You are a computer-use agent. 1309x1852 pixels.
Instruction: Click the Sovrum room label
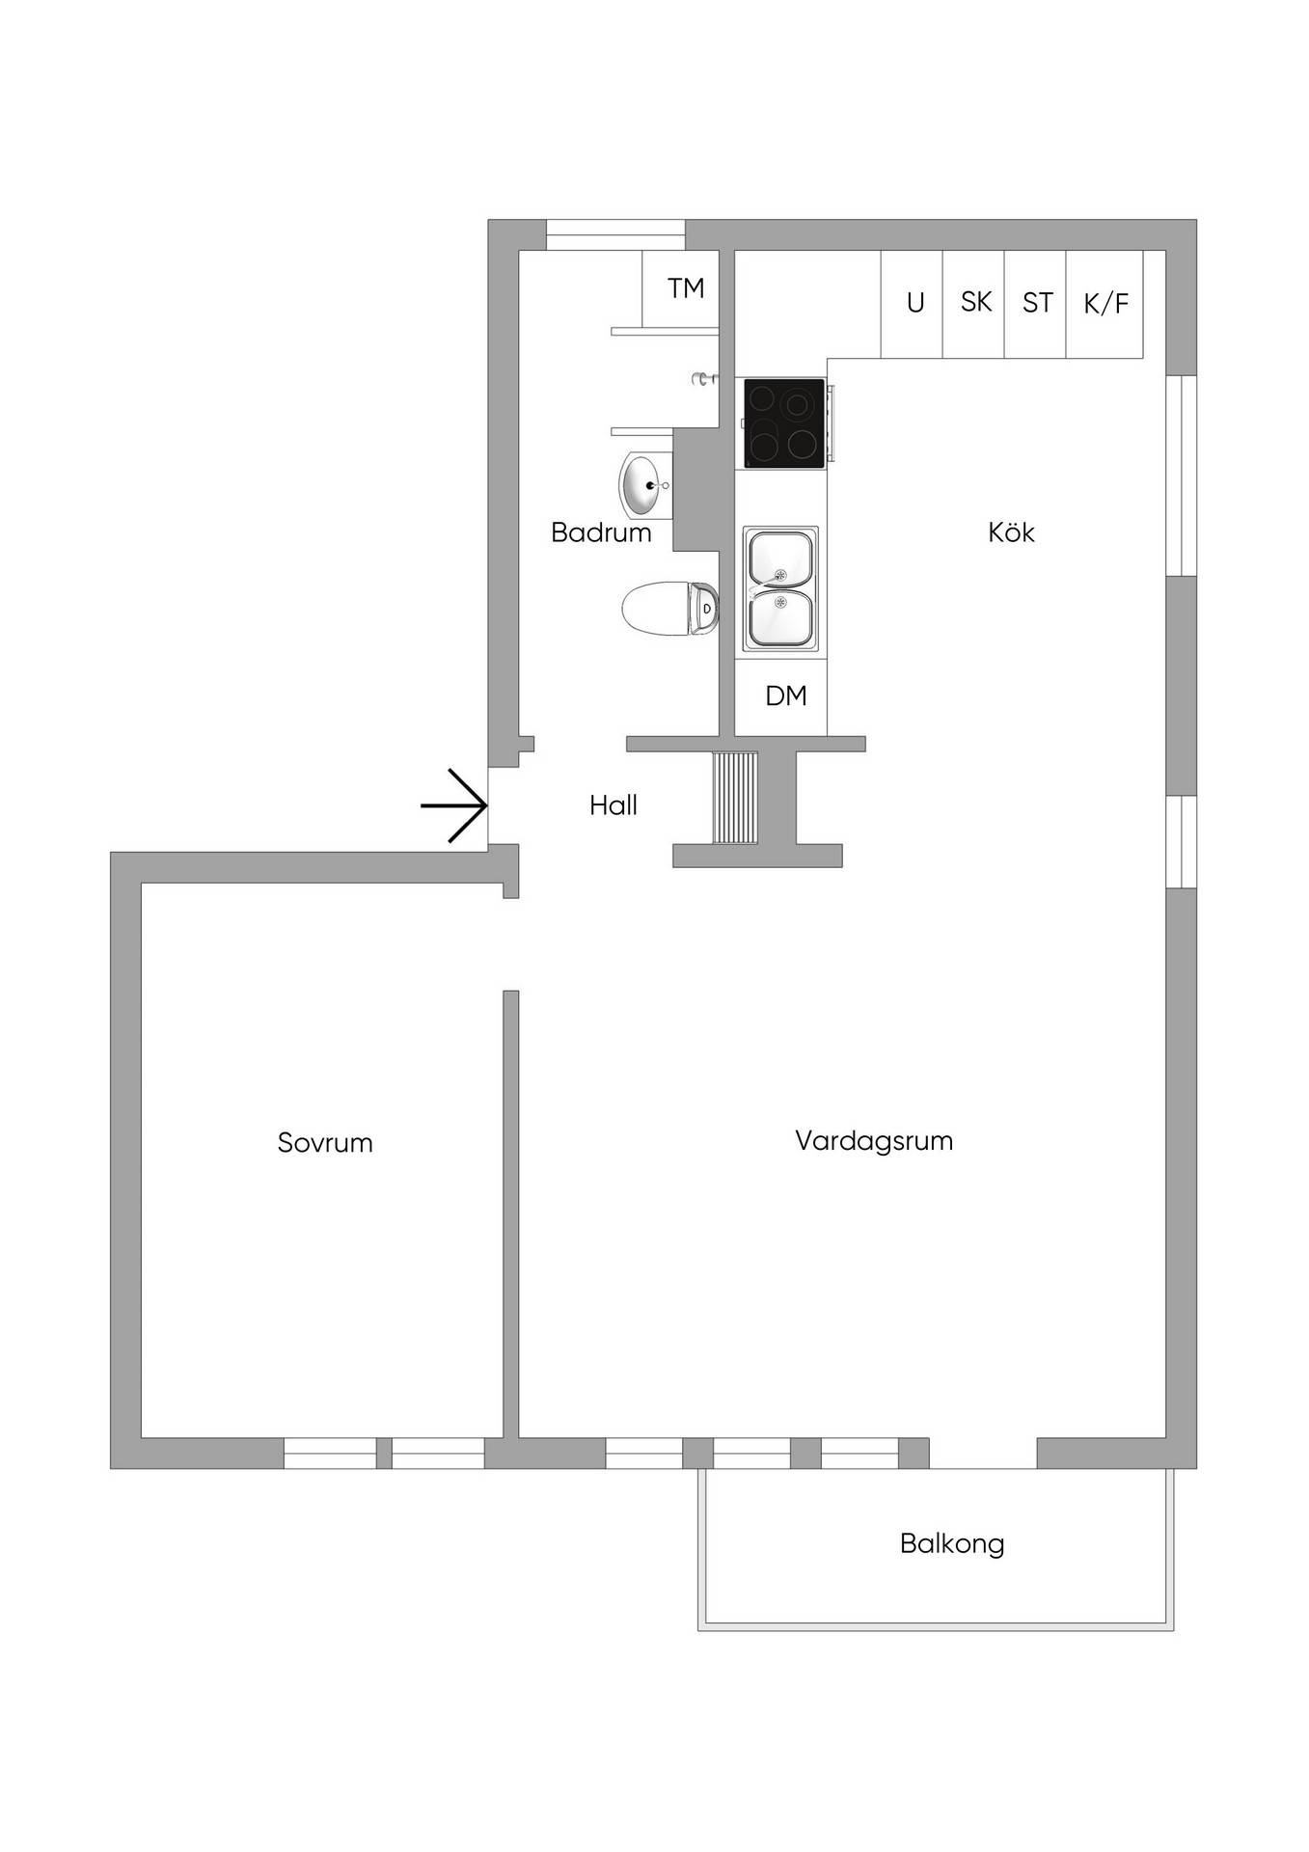point(325,1143)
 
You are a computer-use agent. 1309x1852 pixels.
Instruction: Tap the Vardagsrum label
point(874,1142)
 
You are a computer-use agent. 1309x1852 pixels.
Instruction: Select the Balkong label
point(952,1544)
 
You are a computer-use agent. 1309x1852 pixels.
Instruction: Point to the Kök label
point(1011,531)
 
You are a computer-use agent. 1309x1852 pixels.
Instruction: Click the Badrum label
point(601,532)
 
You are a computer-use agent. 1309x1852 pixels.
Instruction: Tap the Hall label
point(614,805)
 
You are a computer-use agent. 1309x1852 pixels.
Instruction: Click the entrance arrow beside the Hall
point(453,805)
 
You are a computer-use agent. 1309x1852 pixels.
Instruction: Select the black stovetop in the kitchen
point(784,423)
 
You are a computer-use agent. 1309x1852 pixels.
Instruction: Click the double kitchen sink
point(780,588)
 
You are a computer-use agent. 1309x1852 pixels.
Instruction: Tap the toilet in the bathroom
point(670,609)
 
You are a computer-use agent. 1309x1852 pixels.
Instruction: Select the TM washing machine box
point(681,288)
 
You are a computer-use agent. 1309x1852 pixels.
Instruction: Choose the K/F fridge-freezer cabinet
point(1104,304)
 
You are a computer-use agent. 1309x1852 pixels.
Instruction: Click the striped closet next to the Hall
point(735,798)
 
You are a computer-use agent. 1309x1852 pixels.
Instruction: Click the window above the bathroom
point(615,235)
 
